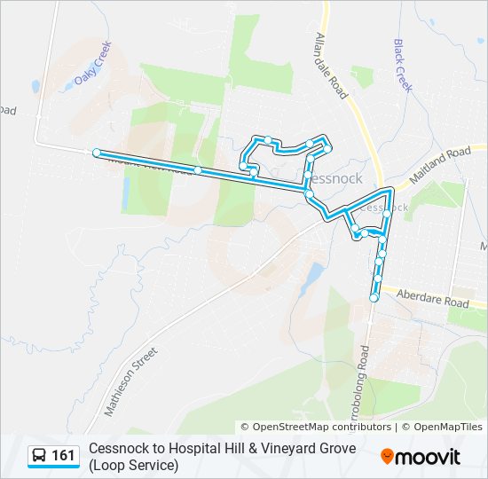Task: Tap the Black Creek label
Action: tap(403, 65)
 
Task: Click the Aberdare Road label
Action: tap(432, 297)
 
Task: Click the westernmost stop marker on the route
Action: tap(97, 153)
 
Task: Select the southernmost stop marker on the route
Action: tap(374, 298)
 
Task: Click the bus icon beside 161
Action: tap(40, 456)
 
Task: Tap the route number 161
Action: tap(64, 456)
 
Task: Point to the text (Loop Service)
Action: tap(133, 465)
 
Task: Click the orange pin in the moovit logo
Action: tap(388, 457)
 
